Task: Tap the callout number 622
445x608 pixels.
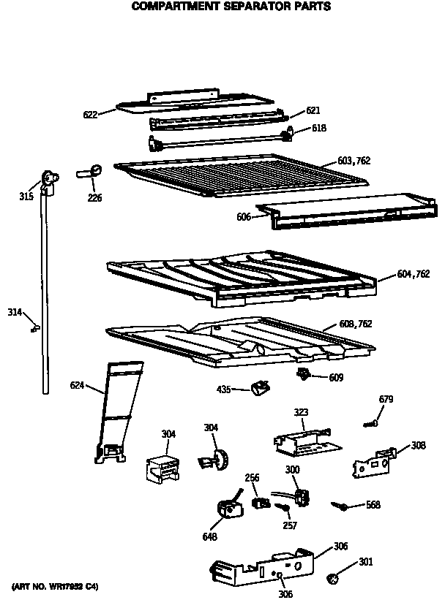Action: coord(90,113)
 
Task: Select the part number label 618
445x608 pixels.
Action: coord(319,129)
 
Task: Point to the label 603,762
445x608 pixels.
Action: coord(354,160)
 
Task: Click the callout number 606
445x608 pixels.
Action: coord(244,217)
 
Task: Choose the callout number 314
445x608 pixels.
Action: coord(15,313)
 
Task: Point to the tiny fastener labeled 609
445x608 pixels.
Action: coord(301,374)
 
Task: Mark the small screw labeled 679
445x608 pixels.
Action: coord(371,422)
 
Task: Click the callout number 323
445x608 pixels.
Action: coord(301,413)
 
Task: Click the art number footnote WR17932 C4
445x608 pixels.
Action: coord(55,587)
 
